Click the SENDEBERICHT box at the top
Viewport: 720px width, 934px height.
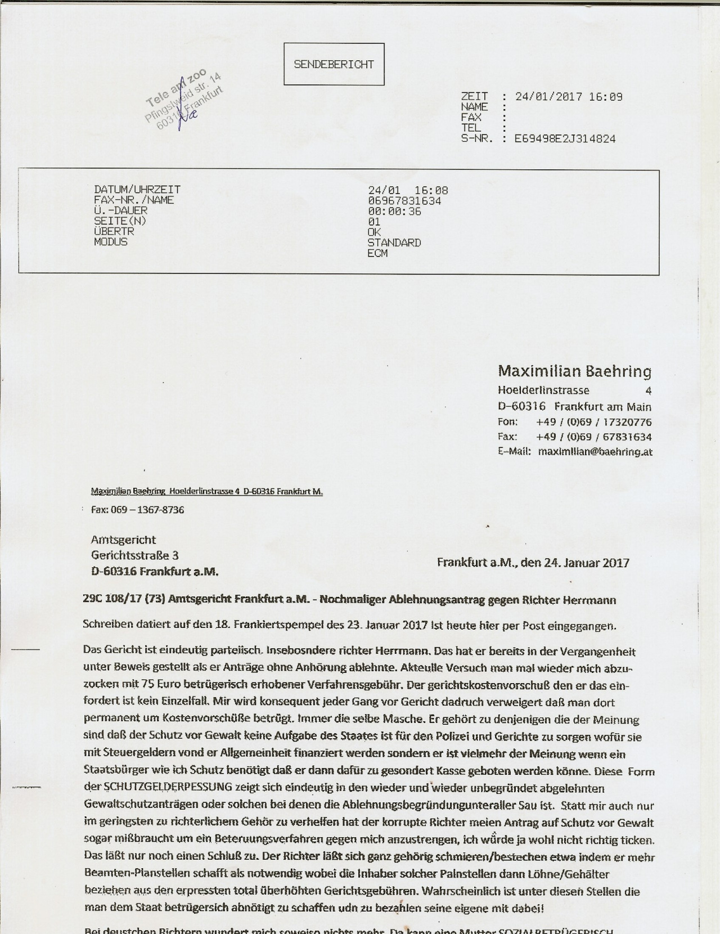[x=334, y=64]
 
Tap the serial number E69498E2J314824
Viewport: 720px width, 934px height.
[x=565, y=138]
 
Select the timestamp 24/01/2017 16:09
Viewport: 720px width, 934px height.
[x=569, y=97]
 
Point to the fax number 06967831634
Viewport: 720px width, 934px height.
[x=404, y=201]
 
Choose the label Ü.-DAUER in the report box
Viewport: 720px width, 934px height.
[x=121, y=210]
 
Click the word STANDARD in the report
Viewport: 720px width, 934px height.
[x=394, y=243]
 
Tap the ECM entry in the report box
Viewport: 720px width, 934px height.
[x=377, y=254]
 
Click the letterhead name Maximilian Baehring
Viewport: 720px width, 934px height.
[x=574, y=371]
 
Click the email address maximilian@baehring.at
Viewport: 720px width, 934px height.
[x=595, y=451]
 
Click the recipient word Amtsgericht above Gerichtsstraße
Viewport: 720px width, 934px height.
[x=123, y=540]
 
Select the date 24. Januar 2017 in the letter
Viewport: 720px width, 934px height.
[x=587, y=563]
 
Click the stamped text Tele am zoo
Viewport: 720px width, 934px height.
[x=176, y=88]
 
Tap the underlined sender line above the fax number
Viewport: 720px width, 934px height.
[x=206, y=492]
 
